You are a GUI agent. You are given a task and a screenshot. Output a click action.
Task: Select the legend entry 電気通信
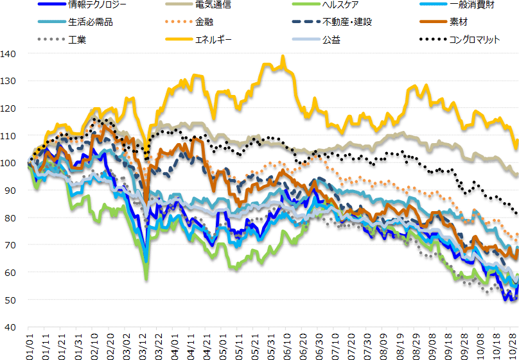click(210, 5)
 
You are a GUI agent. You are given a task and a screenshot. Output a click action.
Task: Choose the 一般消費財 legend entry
click(473, 5)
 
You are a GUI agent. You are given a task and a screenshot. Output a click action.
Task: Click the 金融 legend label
click(204, 22)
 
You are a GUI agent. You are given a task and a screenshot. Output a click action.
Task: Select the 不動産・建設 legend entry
click(347, 22)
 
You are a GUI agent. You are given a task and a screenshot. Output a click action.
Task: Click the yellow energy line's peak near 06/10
click(283, 57)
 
